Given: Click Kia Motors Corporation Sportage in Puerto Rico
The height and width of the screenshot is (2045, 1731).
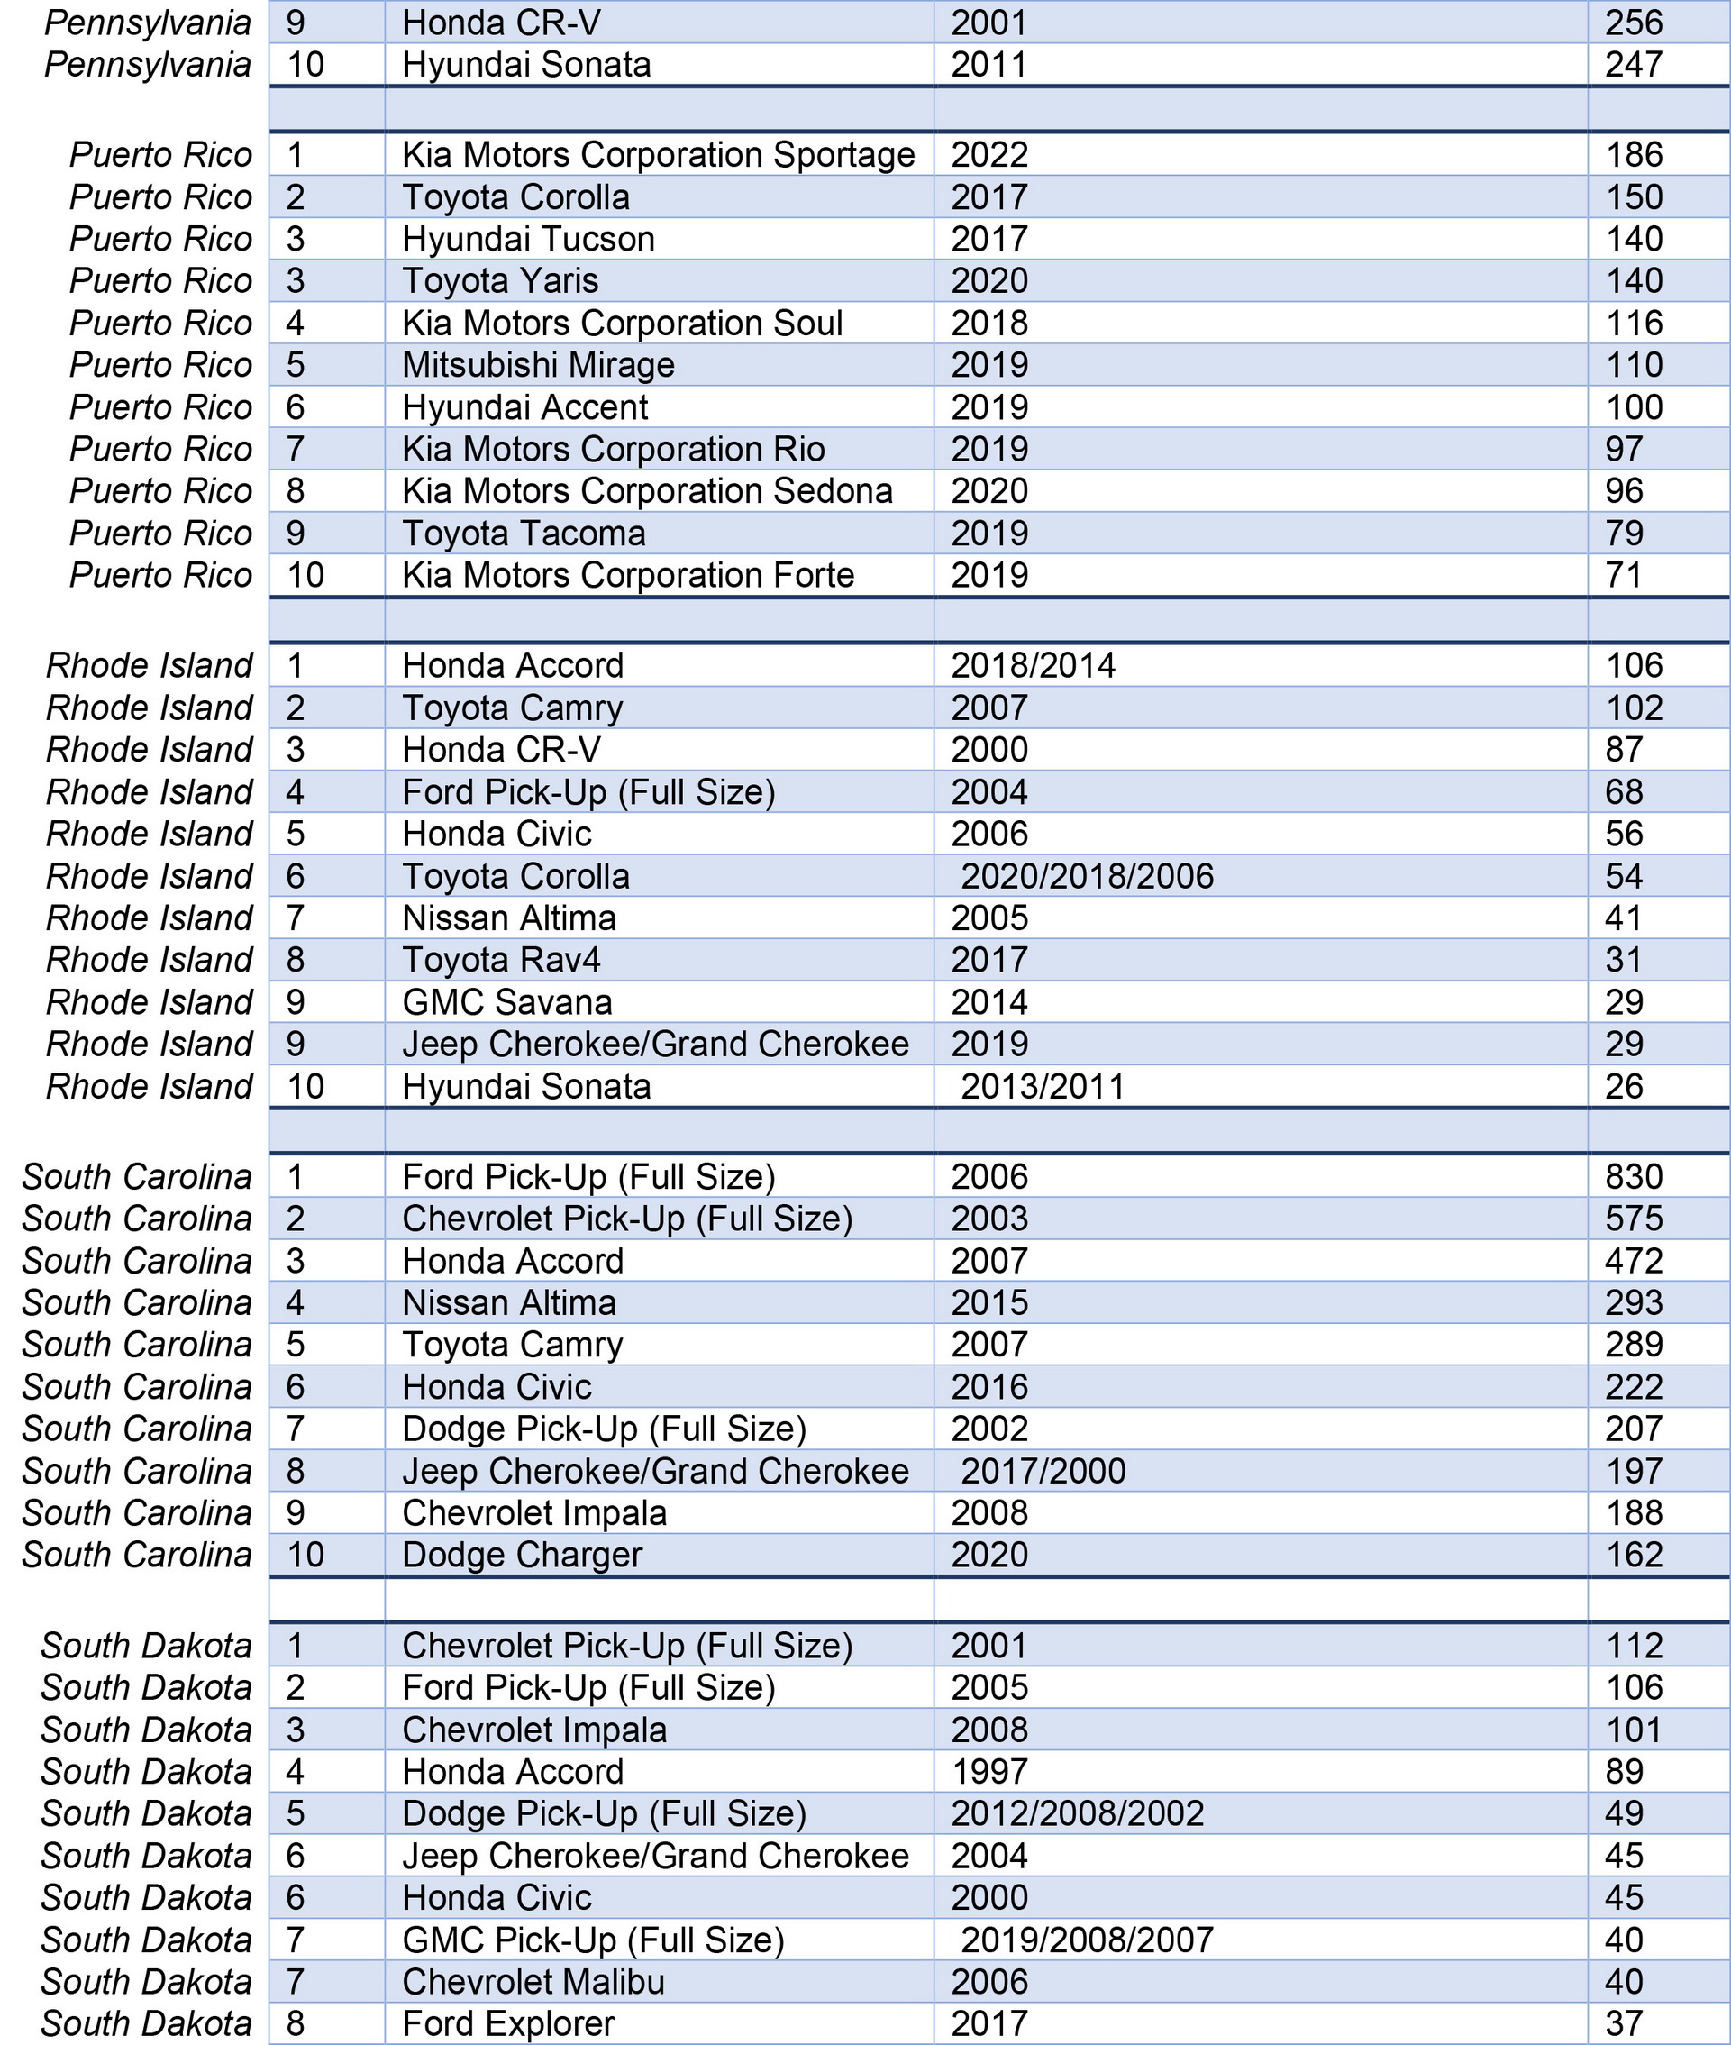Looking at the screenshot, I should click(658, 155).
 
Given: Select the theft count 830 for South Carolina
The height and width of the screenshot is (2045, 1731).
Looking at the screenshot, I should click(1634, 1176).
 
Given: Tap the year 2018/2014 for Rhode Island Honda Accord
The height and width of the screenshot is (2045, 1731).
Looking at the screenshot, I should click(1033, 666).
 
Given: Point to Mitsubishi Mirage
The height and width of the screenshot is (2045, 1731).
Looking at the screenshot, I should click(538, 365).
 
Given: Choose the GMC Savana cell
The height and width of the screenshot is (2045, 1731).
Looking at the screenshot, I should click(506, 1003).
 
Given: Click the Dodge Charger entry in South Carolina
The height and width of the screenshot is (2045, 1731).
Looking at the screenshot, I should click(522, 1556).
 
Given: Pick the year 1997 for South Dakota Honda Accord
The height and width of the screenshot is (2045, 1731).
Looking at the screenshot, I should click(989, 1772).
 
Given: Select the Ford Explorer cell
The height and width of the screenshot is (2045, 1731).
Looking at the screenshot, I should click(508, 2023).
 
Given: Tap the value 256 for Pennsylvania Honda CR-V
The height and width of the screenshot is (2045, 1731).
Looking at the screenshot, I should click(1634, 23).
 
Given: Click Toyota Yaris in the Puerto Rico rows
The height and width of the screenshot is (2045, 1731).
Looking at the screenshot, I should click(499, 281).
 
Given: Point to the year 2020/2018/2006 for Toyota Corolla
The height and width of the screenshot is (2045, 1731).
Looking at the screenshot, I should click(1087, 876).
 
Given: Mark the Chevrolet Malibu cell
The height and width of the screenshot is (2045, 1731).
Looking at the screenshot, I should click(533, 1982).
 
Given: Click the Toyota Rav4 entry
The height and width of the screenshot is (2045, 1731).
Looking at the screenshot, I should click(500, 961).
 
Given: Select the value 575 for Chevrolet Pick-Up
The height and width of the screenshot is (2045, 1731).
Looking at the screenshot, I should click(1634, 1219).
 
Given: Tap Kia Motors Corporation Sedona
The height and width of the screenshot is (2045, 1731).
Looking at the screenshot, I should click(647, 491).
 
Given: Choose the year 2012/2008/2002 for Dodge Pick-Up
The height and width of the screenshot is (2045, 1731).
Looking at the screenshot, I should click(1077, 1813).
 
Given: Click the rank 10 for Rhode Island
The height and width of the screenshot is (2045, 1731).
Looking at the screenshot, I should click(305, 1086).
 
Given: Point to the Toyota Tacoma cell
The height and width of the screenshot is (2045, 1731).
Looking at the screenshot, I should click(523, 534).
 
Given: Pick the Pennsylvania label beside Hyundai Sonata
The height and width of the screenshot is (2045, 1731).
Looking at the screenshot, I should click(147, 65).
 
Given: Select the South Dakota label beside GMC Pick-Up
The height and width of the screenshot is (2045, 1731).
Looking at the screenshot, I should click(146, 1940).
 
